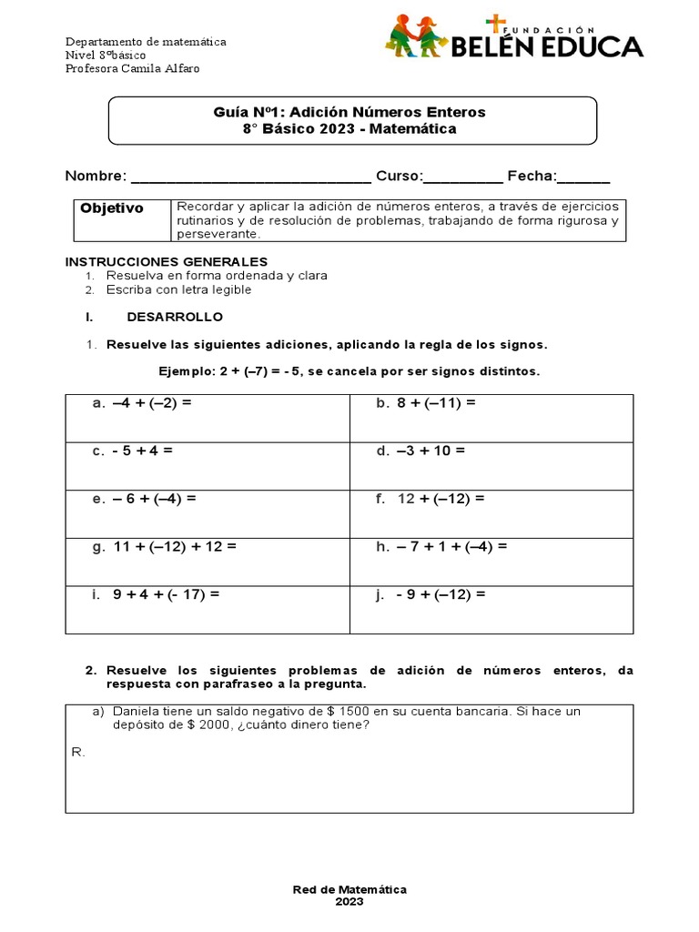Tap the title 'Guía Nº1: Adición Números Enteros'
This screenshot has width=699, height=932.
click(350, 112)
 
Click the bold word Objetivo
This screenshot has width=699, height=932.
click(112, 208)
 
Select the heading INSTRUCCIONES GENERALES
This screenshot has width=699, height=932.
click(166, 262)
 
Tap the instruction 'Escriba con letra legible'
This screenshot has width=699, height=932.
click(178, 290)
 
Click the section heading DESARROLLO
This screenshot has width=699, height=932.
click(175, 318)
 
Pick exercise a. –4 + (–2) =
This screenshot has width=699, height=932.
click(142, 403)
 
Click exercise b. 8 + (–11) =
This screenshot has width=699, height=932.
click(426, 403)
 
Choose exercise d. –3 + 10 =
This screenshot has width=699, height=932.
click(420, 451)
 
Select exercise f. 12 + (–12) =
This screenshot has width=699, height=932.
click(431, 499)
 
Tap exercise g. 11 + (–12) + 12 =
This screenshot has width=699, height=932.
click(165, 547)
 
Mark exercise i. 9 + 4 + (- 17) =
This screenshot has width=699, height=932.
click(157, 594)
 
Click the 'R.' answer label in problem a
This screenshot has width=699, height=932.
click(77, 752)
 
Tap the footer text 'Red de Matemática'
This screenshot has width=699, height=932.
click(349, 889)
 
